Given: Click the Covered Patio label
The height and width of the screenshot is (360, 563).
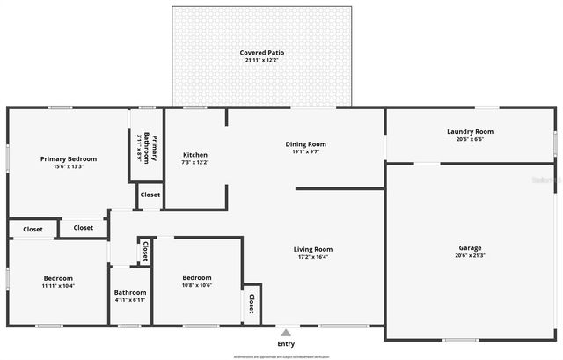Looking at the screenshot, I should pos(262,53).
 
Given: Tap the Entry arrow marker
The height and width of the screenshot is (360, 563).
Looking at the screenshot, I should pos(285,332).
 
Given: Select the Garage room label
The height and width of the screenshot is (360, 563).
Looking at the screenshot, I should pos(470,248).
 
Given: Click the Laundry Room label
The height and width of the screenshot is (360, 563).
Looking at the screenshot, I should pos(470,131).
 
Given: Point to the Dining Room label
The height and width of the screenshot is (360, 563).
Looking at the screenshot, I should pos(305,143).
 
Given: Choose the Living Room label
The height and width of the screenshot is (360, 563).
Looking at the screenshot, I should pos(312,249).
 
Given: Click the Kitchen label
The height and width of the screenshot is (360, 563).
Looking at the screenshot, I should pos(194,154).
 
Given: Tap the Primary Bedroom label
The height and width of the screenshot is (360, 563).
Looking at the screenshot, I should pos(69,158).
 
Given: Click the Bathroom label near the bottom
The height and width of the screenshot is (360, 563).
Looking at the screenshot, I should pos(129,292).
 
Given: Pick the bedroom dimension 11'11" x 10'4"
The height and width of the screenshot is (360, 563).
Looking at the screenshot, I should pos(58,286).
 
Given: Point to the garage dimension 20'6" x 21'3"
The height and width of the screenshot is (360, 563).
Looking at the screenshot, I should pos(470,256).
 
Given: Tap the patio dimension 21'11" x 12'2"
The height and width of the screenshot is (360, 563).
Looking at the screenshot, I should pos(262,61).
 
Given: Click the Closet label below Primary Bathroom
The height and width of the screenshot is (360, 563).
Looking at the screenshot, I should pos(150,195).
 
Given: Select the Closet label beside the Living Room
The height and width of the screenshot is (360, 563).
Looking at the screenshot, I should pos(252,304).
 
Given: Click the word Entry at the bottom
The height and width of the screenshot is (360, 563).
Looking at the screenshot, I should pos(285,344).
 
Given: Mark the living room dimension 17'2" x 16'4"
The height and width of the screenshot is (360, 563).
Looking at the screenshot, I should pos(312,257).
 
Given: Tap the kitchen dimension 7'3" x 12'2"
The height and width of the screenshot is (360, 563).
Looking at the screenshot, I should pos(194,162).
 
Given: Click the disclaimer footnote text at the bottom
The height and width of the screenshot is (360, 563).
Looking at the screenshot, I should pos(281,356).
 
